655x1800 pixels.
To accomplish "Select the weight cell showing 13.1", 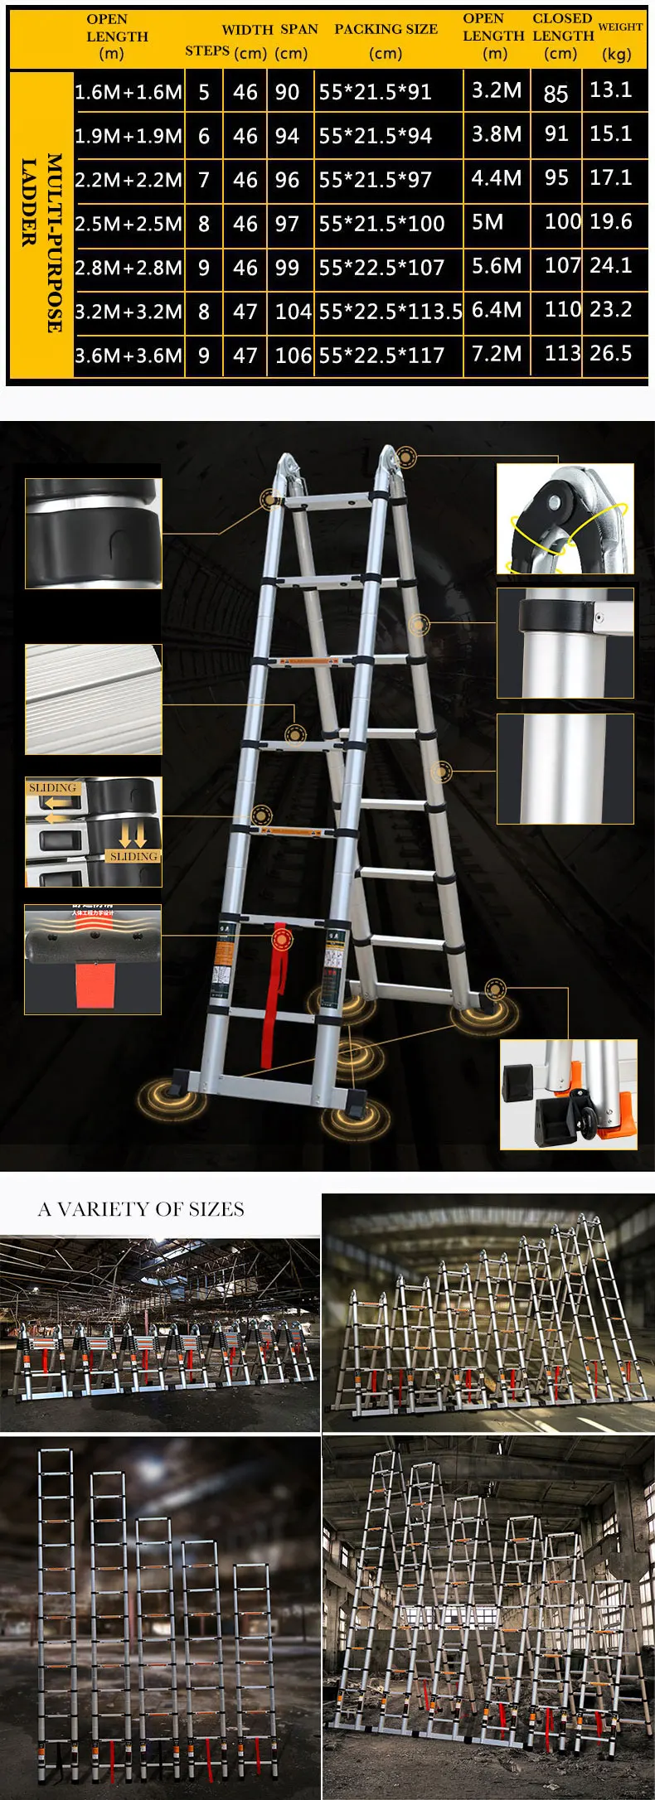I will [611, 90].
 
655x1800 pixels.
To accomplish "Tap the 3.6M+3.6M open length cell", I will [129, 356].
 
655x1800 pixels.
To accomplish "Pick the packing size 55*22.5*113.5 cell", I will [390, 312].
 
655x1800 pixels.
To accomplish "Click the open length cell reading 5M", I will [488, 222].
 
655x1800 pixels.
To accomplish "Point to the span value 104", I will [293, 312].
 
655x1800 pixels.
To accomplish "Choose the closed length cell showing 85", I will [556, 93].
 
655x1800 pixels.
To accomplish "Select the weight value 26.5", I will [611, 354].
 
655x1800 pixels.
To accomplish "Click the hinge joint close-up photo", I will [565, 519].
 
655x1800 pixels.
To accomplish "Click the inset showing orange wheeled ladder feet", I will [569, 1094].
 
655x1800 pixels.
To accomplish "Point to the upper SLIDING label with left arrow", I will [52, 789].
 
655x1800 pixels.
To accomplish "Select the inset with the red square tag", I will [93, 960].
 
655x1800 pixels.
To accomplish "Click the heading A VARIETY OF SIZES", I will [141, 1209].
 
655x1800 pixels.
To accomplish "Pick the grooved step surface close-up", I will [93, 699].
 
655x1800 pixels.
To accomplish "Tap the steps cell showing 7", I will [204, 180].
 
